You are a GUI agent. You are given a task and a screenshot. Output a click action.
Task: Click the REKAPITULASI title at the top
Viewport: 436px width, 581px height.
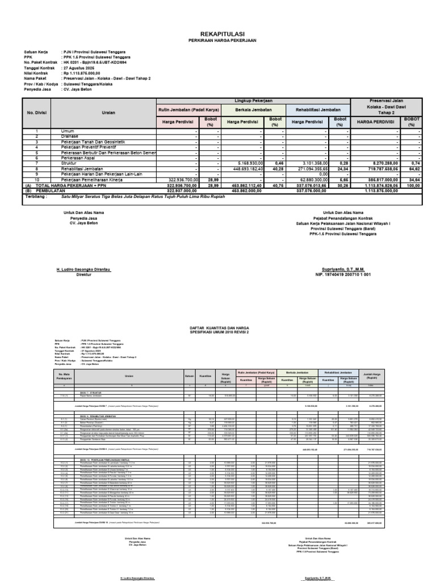[x=218, y=33]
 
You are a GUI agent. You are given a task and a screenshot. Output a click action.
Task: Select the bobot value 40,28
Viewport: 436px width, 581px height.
[x=274, y=169]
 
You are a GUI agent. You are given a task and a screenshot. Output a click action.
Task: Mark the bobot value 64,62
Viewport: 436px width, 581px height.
[x=411, y=169]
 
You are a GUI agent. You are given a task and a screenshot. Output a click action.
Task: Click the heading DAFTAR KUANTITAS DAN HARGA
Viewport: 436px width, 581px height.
[x=218, y=327]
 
